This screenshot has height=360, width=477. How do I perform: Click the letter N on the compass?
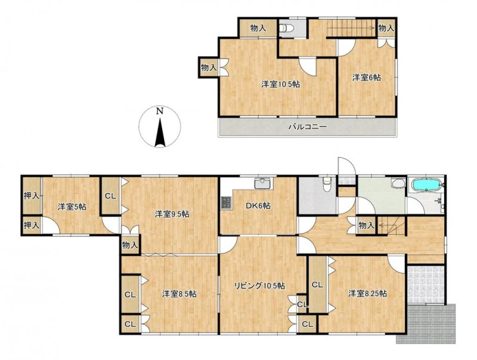pyautogui.click(x=159, y=111)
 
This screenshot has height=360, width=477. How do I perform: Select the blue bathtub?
pyautogui.click(x=426, y=184)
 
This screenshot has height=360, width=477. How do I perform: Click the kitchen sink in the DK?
pyautogui.click(x=264, y=184)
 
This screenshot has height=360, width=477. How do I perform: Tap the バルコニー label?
pyautogui.click(x=307, y=126)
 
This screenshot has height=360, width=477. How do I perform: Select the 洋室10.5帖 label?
pyautogui.click(x=280, y=84)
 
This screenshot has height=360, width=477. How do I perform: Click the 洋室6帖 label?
pyautogui.click(x=366, y=77)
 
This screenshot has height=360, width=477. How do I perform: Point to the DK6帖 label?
pyautogui.click(x=258, y=206)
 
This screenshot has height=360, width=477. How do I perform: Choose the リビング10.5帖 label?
pyautogui.click(x=259, y=286)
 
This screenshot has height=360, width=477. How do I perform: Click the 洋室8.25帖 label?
pyautogui.click(x=367, y=294)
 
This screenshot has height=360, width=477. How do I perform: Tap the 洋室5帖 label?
pyautogui.click(x=72, y=207)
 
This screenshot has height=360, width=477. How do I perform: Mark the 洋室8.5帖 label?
pyautogui.click(x=179, y=294)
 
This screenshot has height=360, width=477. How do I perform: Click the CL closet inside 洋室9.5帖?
pyautogui.click(x=111, y=196)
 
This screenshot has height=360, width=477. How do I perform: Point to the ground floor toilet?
pyautogui.click(x=327, y=184)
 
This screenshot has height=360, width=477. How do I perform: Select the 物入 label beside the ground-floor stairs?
pyautogui.click(x=366, y=226)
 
